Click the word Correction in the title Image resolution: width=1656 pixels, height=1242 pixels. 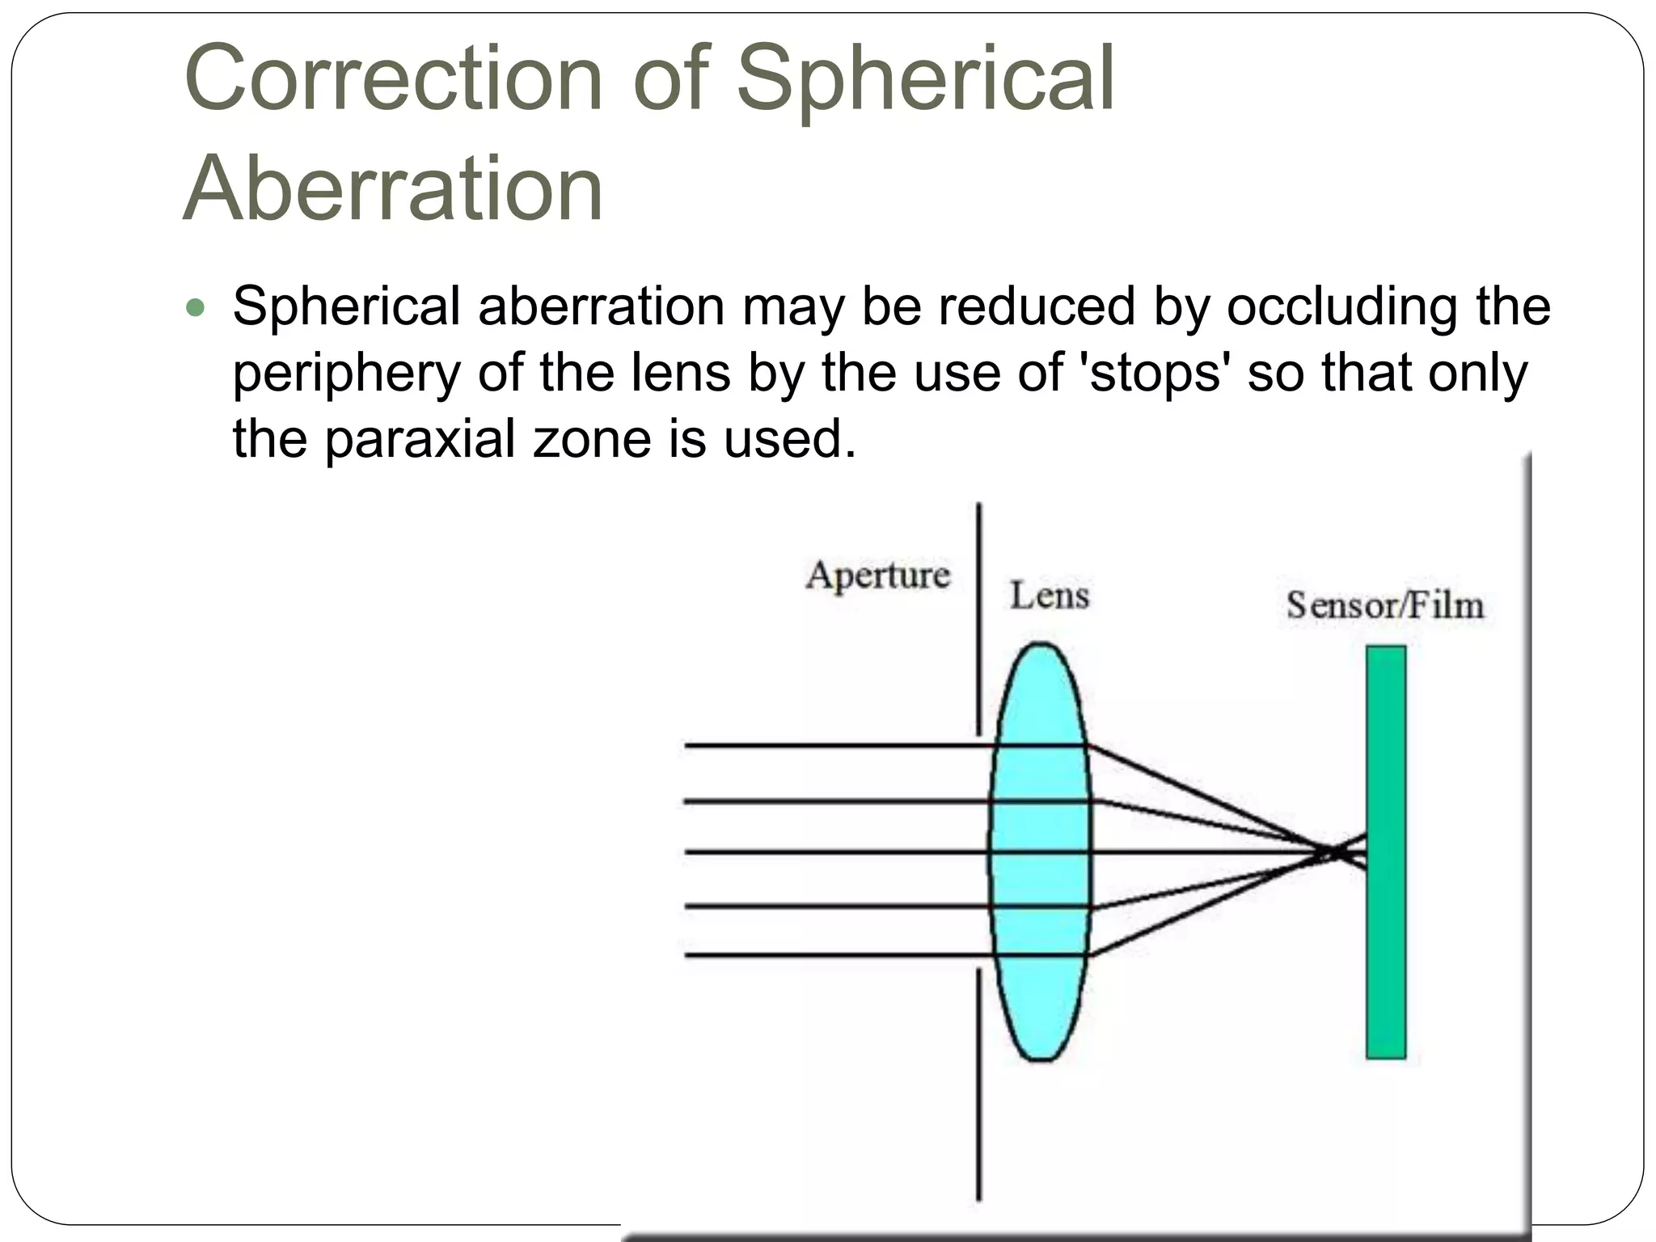(x=394, y=78)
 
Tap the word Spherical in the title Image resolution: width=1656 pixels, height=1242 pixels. (x=925, y=78)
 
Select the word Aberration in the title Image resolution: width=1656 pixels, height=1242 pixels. (x=394, y=188)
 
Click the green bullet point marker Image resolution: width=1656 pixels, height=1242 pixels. (x=196, y=308)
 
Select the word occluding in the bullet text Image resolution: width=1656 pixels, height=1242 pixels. (x=1342, y=307)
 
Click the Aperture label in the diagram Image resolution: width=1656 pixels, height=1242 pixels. (x=877, y=576)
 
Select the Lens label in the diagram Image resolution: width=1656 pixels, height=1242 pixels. (x=1050, y=596)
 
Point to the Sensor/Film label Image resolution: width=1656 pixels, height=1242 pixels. (x=1385, y=606)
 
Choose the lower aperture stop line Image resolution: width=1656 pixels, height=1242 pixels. (x=978, y=1084)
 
